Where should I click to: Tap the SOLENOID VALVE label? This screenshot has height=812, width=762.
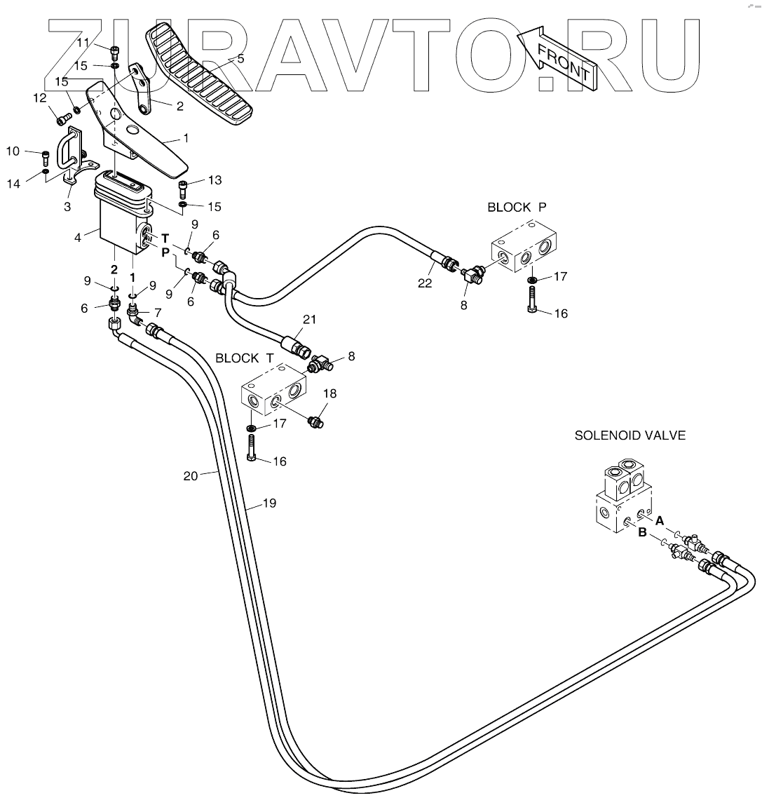click(x=630, y=435)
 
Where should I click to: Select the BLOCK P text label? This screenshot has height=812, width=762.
click(x=517, y=208)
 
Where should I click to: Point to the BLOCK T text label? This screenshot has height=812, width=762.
click(x=245, y=358)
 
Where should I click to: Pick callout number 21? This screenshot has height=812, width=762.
click(x=310, y=320)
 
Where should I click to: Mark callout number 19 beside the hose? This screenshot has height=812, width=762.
click(x=269, y=503)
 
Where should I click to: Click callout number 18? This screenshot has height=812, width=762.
click(x=329, y=393)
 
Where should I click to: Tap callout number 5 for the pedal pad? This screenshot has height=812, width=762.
click(x=240, y=59)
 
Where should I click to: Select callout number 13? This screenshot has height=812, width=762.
click(x=215, y=180)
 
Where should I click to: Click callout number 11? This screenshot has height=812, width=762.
click(x=83, y=43)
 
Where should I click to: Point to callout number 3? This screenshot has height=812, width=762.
click(x=67, y=207)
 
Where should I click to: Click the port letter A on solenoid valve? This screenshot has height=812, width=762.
click(x=660, y=520)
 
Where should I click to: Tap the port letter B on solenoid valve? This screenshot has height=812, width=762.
click(x=641, y=533)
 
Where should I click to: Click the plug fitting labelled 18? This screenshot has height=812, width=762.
click(x=315, y=421)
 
